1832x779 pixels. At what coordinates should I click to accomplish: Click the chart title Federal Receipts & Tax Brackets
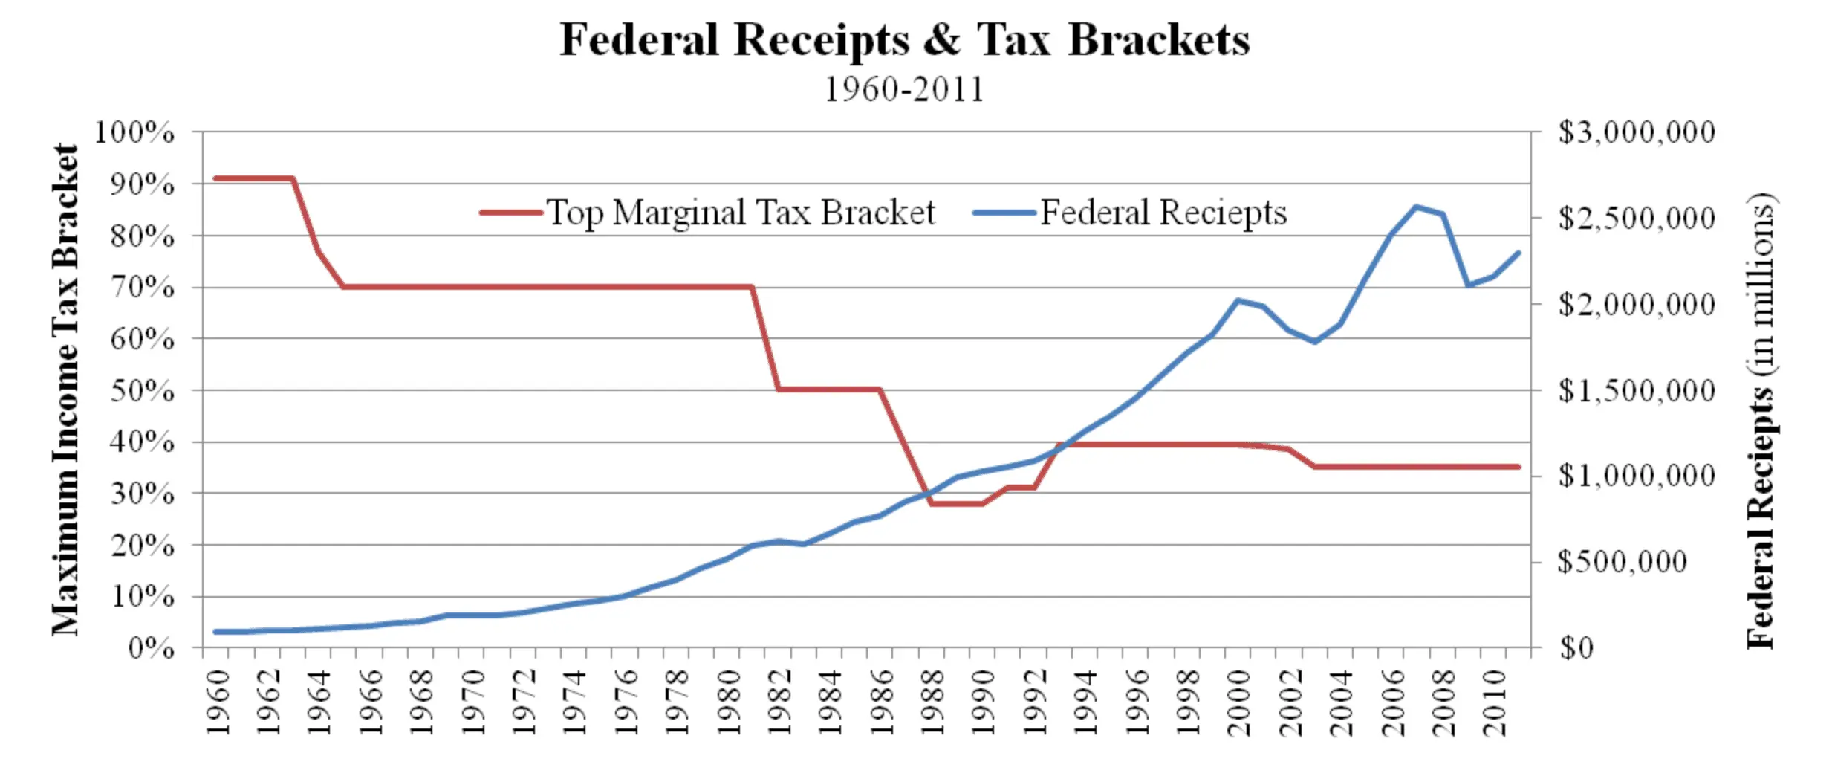point(904,40)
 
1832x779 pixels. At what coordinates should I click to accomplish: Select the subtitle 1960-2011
point(904,90)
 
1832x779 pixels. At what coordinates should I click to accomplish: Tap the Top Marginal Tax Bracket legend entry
point(707,213)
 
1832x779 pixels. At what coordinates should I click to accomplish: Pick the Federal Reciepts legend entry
point(1130,213)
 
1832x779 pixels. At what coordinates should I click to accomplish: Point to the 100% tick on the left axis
point(134,132)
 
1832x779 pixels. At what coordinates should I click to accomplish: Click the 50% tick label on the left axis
point(143,390)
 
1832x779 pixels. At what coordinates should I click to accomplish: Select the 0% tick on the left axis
point(152,648)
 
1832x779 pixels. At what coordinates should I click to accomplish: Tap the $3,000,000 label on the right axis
point(1637,132)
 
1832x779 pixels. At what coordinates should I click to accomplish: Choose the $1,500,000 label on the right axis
point(1637,390)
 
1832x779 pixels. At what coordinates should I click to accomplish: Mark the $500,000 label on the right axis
point(1622,562)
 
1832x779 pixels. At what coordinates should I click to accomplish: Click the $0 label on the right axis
point(1576,648)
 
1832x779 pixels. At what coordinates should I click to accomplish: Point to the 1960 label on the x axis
point(217,702)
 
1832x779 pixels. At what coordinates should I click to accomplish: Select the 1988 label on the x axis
point(932,702)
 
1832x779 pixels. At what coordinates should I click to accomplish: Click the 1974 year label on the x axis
point(574,702)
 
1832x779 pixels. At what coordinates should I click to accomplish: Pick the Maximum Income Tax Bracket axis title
point(65,390)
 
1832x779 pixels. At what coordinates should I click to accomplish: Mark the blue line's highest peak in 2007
point(1416,206)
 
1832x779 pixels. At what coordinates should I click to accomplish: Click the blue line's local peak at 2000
point(1238,300)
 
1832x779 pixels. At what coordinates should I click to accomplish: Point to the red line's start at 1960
point(215,178)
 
